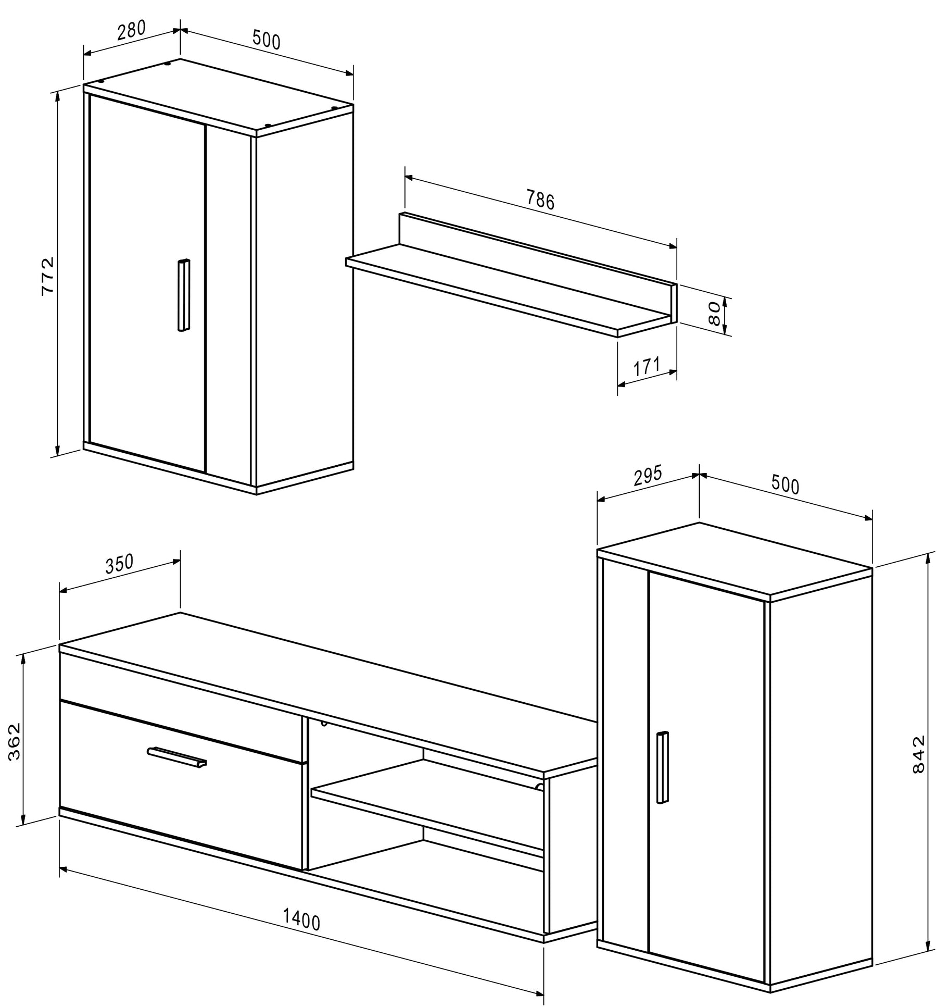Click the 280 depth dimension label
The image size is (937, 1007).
click(x=131, y=31)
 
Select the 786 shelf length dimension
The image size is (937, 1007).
click(x=540, y=200)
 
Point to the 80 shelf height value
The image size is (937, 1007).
click(x=715, y=314)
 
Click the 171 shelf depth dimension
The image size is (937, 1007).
click(x=647, y=367)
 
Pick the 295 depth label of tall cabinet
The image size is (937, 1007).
click(x=647, y=476)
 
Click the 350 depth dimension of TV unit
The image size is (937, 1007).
click(x=120, y=564)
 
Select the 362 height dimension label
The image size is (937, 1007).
click(x=15, y=741)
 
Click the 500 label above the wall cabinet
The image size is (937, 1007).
click(x=266, y=40)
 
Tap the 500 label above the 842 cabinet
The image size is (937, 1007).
click(x=784, y=486)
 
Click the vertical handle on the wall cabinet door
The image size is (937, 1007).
click(x=183, y=294)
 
